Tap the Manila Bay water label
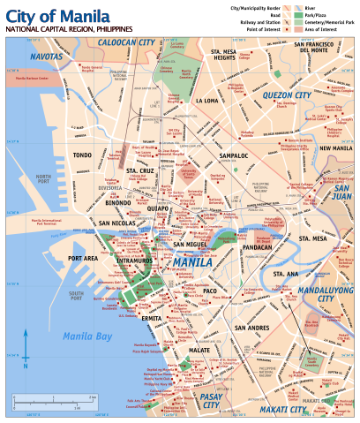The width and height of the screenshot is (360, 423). point(87,336)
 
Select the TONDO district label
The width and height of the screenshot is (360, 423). point(83,155)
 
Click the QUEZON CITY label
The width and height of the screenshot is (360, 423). point(286,94)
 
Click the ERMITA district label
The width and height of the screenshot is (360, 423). point(152,317)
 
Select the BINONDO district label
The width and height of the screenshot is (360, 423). point(117,202)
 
